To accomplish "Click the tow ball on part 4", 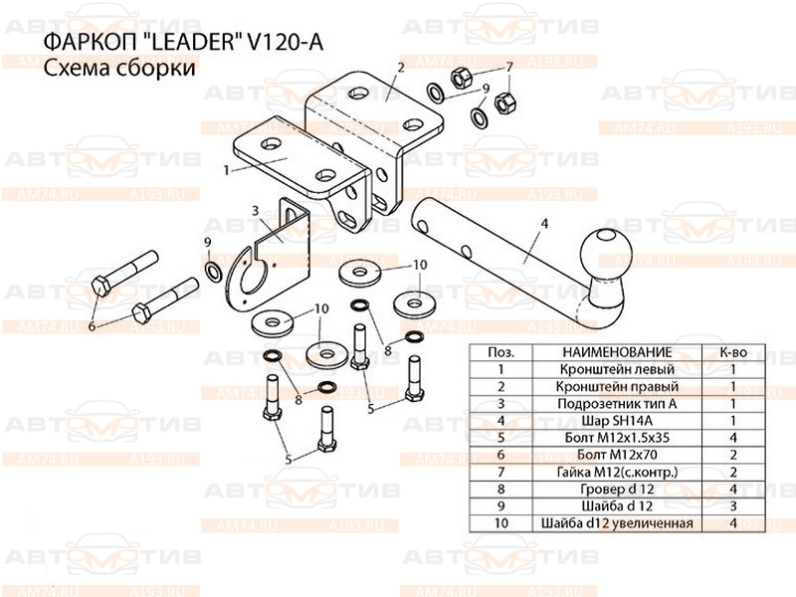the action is point(606,255).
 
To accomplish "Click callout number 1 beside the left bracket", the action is point(227,170).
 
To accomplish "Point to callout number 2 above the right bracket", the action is point(401,67).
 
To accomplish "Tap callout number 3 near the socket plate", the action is point(256,210).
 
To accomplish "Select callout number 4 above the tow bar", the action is point(544,223).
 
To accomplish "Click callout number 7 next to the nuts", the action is point(509,67).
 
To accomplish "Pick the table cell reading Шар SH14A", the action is point(617,421).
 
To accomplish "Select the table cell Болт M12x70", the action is point(617,455).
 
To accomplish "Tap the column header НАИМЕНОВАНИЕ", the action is point(617,352).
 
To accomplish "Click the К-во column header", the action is point(733,352).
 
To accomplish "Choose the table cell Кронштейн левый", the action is point(617,369).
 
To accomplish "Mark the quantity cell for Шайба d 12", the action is point(733,506).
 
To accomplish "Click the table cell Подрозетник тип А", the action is point(617,404).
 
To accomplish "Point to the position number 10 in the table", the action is point(501,523).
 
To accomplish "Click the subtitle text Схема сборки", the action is point(119,68).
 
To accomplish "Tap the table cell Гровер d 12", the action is point(617,489).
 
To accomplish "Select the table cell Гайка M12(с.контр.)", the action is point(617,472).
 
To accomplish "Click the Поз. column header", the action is point(501,352).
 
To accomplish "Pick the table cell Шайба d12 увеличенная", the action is point(617,523).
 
